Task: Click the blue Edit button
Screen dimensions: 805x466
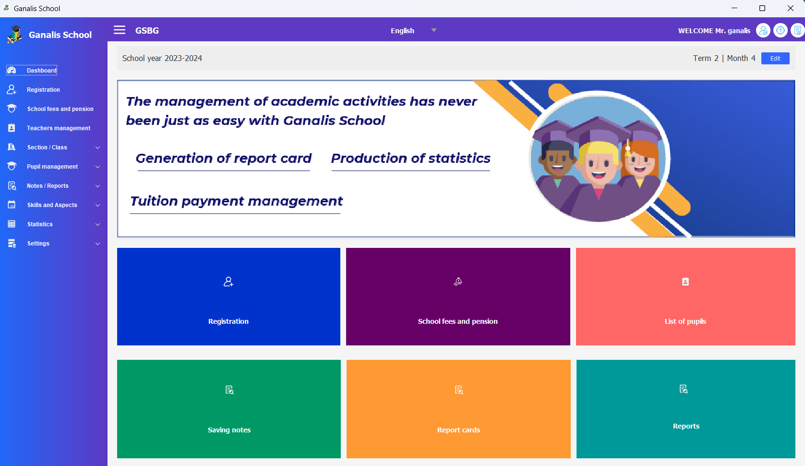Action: pyautogui.click(x=775, y=58)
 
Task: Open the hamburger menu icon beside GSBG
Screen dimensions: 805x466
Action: pyautogui.click(x=120, y=30)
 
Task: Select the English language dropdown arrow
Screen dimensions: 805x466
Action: pyautogui.click(x=434, y=30)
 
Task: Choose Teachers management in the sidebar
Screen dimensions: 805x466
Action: pyautogui.click(x=59, y=128)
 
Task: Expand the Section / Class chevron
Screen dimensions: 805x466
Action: pyautogui.click(x=97, y=147)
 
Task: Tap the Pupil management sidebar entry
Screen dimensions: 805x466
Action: pyautogui.click(x=52, y=167)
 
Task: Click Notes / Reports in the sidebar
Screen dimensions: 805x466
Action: pyautogui.click(x=48, y=186)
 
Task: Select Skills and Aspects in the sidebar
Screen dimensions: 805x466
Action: pyautogui.click(x=52, y=205)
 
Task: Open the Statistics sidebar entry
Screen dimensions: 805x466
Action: pyautogui.click(x=40, y=224)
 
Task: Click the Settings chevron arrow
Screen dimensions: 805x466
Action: pyautogui.click(x=97, y=244)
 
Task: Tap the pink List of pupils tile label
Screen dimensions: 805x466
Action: pyautogui.click(x=685, y=321)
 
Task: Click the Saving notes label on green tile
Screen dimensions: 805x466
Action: pyautogui.click(x=229, y=429)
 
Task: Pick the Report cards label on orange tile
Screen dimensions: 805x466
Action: pyautogui.click(x=458, y=429)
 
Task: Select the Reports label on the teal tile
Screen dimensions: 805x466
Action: pyautogui.click(x=686, y=426)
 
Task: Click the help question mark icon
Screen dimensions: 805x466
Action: pyautogui.click(x=780, y=31)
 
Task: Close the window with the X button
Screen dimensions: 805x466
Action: pyautogui.click(x=790, y=8)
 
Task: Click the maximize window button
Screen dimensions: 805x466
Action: pyautogui.click(x=762, y=8)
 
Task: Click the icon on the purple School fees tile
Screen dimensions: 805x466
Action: pyautogui.click(x=458, y=282)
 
